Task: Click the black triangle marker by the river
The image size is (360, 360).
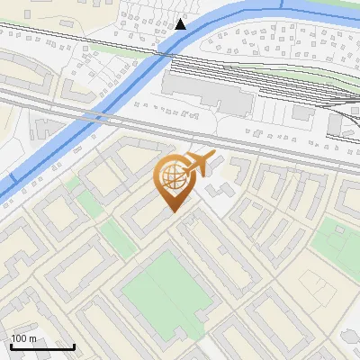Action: pyautogui.click(x=181, y=23)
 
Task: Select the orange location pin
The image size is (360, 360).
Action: pyautogui.click(x=174, y=180)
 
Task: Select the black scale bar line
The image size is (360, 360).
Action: pyautogui.click(x=42, y=346)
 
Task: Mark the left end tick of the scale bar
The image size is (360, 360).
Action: pyautogui.click(x=11, y=345)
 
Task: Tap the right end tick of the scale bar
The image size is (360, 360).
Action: pyautogui.click(x=74, y=345)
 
